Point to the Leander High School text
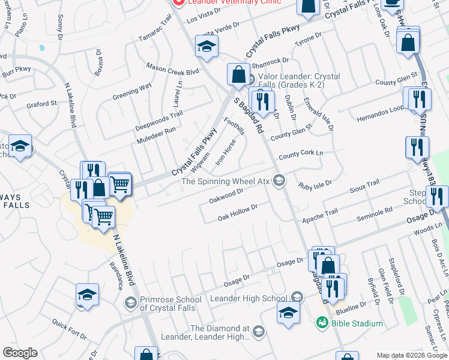(x=248, y=298)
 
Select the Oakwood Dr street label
(x=225, y=195)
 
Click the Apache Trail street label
(x=320, y=216)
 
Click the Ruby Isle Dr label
(x=316, y=184)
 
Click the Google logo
(x=20, y=353)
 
